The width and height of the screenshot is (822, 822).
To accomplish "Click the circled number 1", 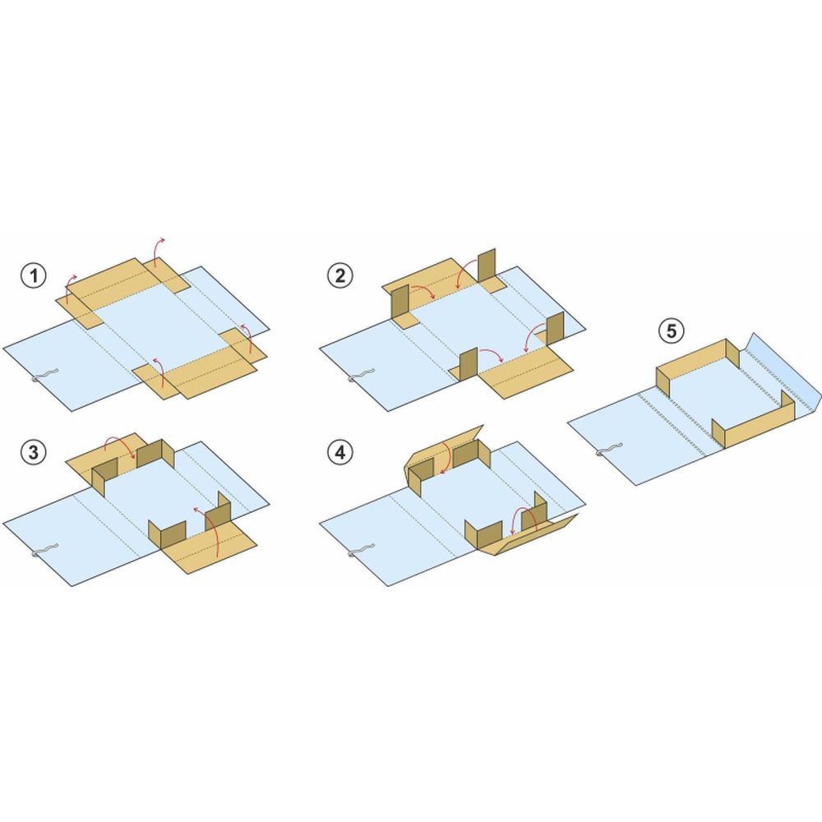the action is pyautogui.click(x=34, y=275).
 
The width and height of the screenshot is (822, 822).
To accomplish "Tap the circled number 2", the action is pyautogui.click(x=339, y=275).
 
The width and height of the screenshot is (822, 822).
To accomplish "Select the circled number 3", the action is pyautogui.click(x=34, y=452).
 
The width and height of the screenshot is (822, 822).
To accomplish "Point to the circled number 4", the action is pyautogui.click(x=339, y=452).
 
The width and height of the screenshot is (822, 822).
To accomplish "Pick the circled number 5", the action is pyautogui.click(x=672, y=331).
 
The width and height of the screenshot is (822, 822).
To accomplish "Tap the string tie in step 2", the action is pyautogui.click(x=361, y=376).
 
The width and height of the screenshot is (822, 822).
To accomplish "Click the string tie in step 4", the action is pyautogui.click(x=361, y=551).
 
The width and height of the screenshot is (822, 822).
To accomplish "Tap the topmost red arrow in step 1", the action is pyautogui.click(x=157, y=249).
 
